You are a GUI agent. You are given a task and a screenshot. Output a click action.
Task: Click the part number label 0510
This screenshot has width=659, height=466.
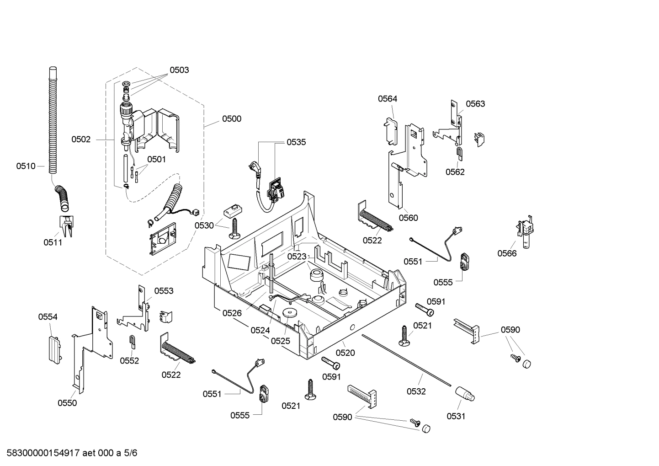pyautogui.click(x=26, y=166)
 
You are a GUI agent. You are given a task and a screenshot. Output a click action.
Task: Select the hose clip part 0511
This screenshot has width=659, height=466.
pyautogui.click(x=66, y=226)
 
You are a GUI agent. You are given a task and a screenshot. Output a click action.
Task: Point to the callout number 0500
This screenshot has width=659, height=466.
pyautogui.click(x=232, y=119)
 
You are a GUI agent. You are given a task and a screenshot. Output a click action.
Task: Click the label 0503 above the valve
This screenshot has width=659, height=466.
pyautogui.click(x=179, y=70)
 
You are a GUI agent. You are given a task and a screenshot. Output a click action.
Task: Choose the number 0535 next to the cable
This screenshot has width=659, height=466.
pyautogui.click(x=296, y=142)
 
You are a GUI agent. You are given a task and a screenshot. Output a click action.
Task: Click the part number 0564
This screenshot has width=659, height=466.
pyautogui.click(x=387, y=99)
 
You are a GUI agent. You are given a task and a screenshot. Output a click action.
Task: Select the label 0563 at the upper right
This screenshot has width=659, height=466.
pyautogui.click(x=475, y=104)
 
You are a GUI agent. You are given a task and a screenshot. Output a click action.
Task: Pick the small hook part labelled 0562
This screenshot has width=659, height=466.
pyautogui.click(x=459, y=154)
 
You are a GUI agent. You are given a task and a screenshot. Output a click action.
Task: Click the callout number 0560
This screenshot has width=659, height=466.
pyautogui.click(x=408, y=218)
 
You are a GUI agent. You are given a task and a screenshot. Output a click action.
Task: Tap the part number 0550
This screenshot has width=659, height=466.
pyautogui.click(x=67, y=403)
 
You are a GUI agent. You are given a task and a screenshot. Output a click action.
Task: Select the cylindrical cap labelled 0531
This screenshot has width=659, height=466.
pyautogui.click(x=465, y=395)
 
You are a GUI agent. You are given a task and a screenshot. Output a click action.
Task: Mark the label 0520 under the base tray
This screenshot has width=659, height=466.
pyautogui.click(x=345, y=353)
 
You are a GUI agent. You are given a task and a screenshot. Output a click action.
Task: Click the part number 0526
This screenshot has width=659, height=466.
pyautogui.click(x=232, y=313)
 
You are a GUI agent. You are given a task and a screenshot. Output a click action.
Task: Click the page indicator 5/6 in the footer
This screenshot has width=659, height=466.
pyautogui.click(x=130, y=453)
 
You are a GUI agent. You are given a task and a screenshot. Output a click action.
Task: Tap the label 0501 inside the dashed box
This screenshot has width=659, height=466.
pyautogui.click(x=156, y=159)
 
